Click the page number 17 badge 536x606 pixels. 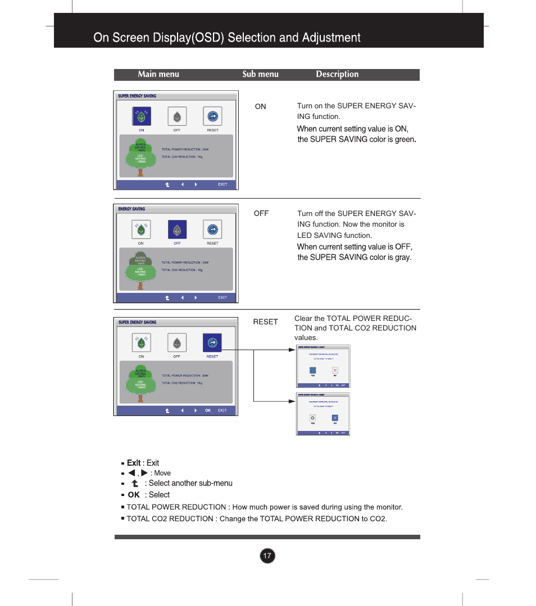(x=267, y=556)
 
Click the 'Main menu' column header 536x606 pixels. (x=158, y=74)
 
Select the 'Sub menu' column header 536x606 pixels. (x=260, y=74)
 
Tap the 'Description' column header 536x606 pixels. (x=337, y=74)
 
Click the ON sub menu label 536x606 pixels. (x=261, y=107)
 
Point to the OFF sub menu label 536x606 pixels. (x=261, y=214)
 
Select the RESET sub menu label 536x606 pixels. (x=265, y=322)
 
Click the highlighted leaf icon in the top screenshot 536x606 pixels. (x=142, y=117)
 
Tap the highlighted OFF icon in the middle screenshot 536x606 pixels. (x=177, y=230)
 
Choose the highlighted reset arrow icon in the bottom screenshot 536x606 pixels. (x=212, y=343)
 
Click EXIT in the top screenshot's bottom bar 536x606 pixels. (x=222, y=185)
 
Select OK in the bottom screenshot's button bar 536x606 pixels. (x=208, y=410)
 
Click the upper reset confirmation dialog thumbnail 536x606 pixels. (x=323, y=366)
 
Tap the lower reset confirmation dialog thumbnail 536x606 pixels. (x=323, y=414)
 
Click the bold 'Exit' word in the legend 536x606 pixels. (x=134, y=463)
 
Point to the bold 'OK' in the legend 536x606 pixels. (x=134, y=495)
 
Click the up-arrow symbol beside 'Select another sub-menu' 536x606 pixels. (x=135, y=483)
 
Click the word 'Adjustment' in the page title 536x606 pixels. (x=331, y=38)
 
